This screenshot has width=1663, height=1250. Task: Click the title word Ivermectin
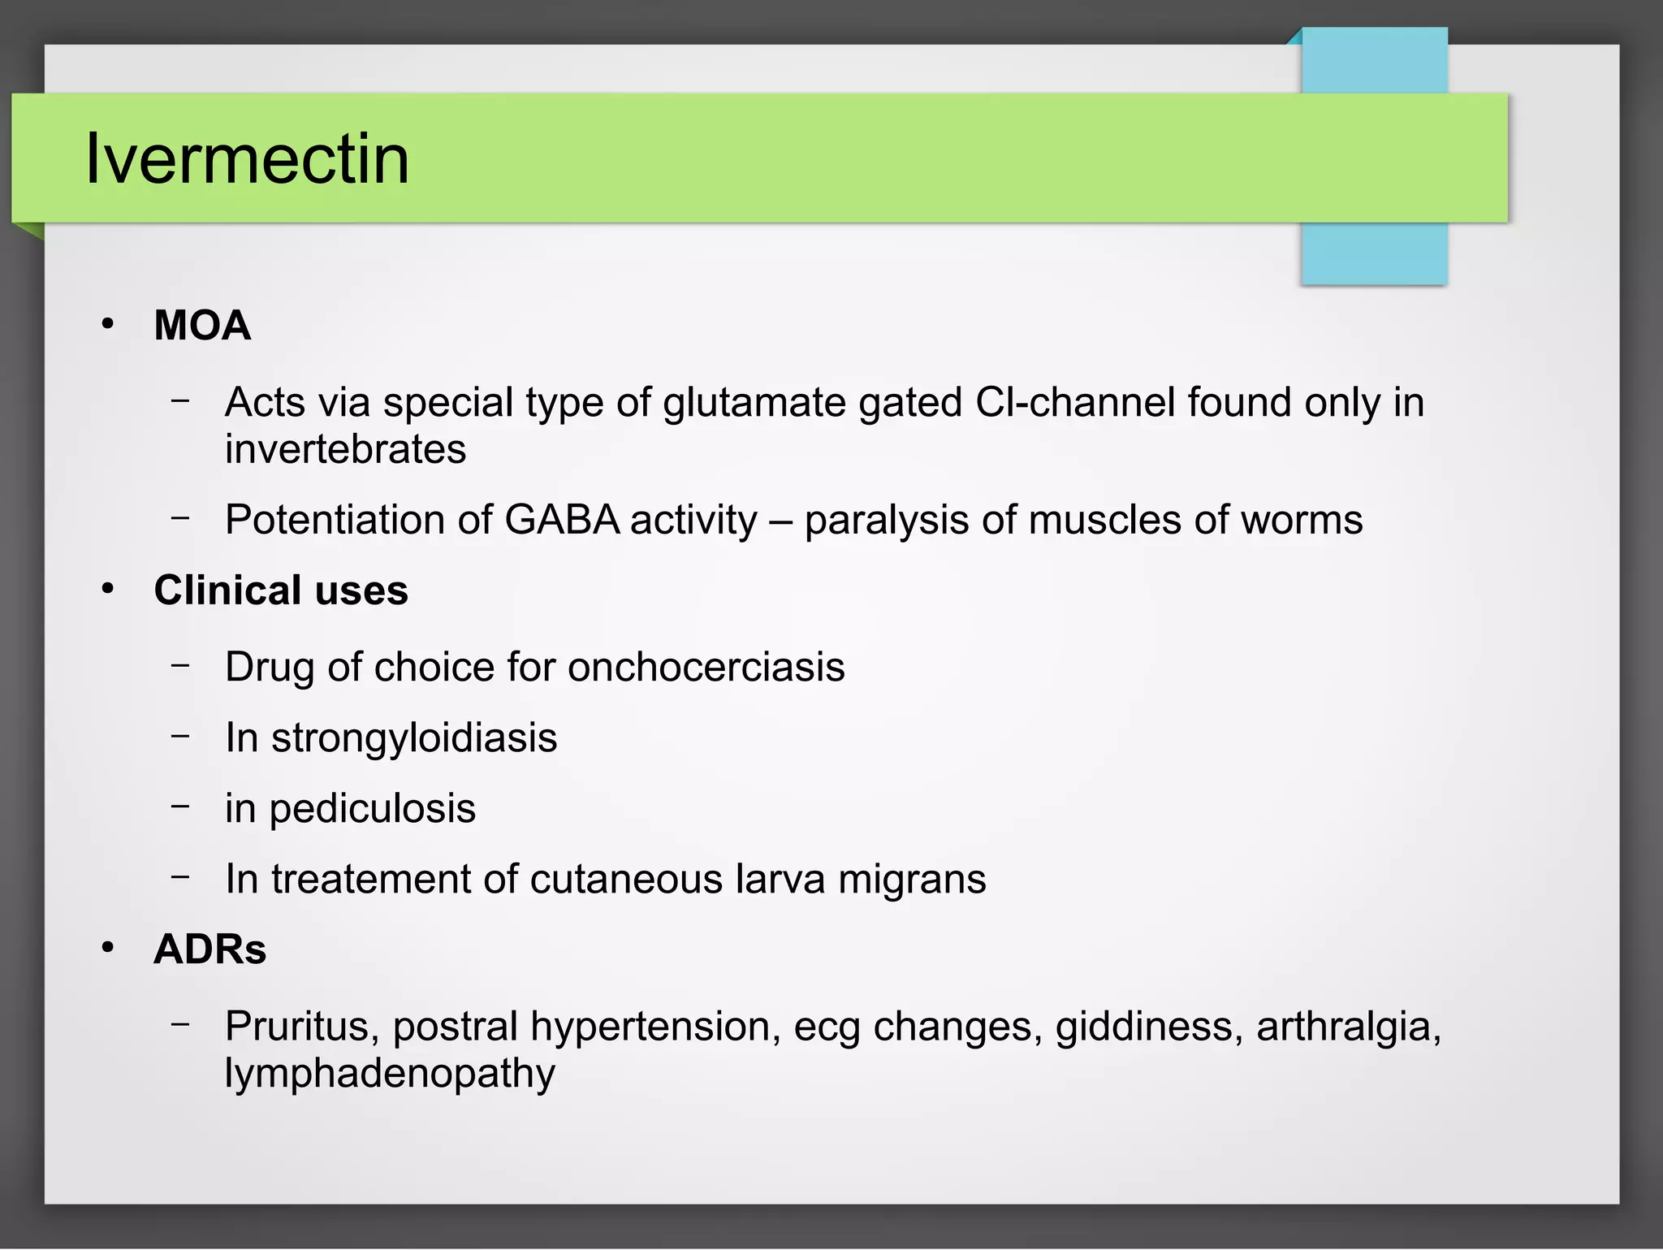247,158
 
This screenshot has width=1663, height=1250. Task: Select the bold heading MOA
202,326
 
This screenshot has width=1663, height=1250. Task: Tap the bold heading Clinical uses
281,590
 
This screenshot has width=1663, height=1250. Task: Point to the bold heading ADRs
209,949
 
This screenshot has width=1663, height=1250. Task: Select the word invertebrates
345,449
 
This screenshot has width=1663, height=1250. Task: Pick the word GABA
562,520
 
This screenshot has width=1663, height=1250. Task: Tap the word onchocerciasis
706,668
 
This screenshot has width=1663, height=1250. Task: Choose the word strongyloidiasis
414,738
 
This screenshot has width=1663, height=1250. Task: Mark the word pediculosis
372,809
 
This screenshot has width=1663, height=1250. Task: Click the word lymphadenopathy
390,1074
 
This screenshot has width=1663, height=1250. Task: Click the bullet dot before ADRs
108,948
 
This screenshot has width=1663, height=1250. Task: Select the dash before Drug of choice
180,664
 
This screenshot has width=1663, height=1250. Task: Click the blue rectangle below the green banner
1374,253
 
